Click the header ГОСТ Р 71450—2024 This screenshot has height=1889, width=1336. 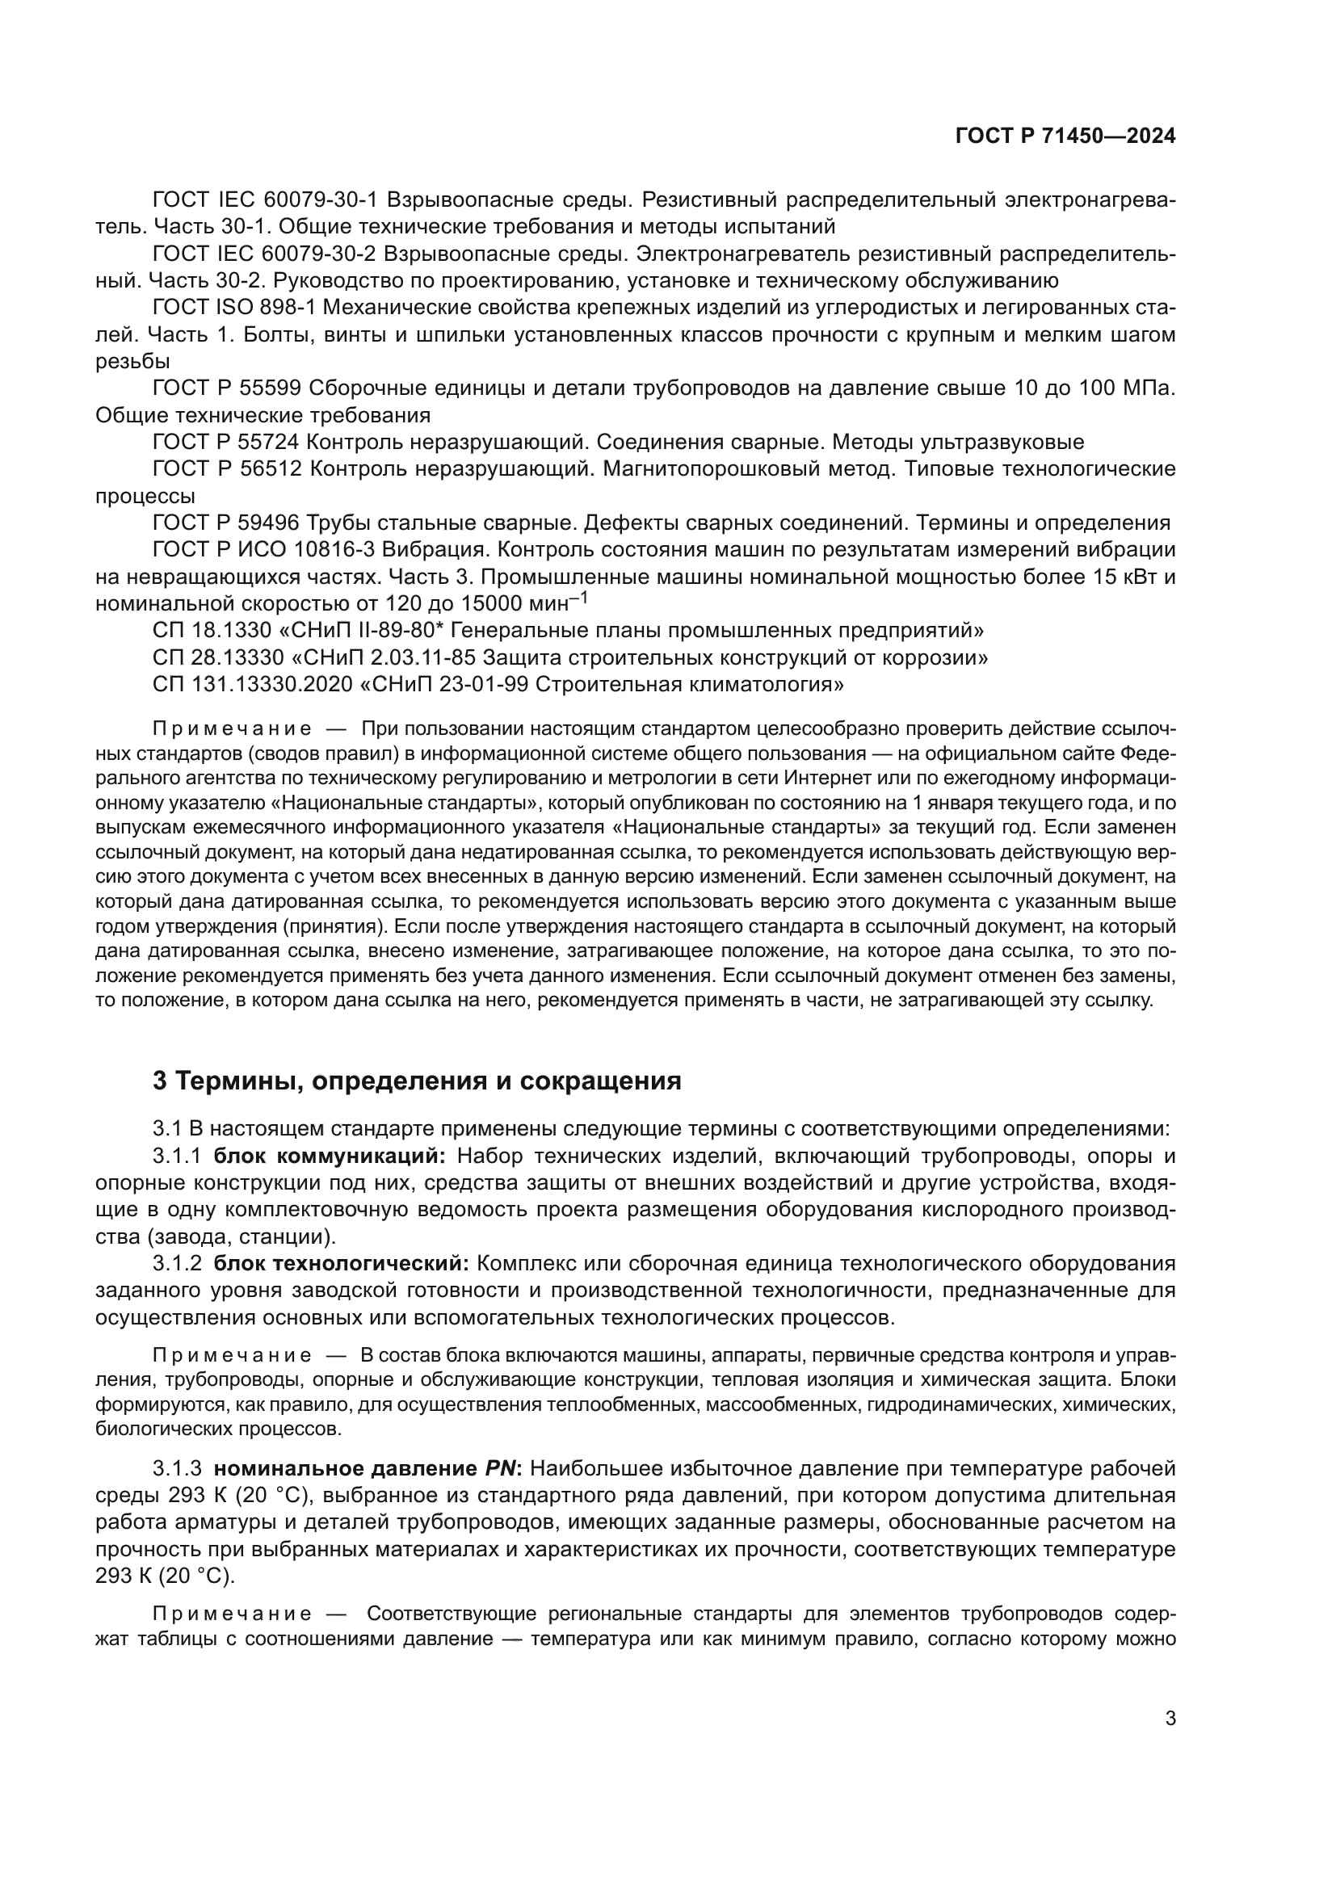[x=1065, y=136]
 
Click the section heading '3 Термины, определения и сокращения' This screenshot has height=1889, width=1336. [x=416, y=1081]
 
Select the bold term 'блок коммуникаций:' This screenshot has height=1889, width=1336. [x=329, y=1156]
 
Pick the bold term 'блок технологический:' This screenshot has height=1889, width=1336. [x=342, y=1263]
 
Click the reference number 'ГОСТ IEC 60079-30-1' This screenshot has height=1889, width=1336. [x=265, y=200]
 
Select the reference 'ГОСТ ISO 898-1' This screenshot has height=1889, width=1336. [x=234, y=308]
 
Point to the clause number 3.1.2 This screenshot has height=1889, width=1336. [x=176, y=1263]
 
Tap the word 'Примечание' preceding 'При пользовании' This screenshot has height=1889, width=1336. [x=232, y=729]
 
